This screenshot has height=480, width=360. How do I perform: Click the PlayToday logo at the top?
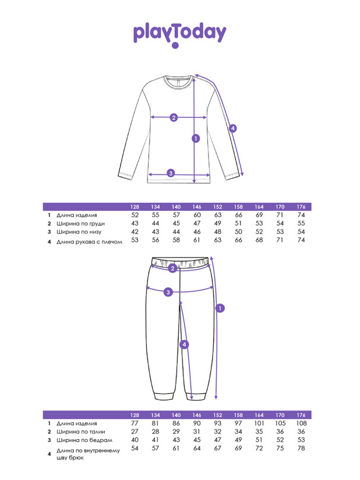point(179,33)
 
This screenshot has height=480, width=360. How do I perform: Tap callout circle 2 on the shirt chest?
point(174,118)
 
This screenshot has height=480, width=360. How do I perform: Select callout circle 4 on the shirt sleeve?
point(232,128)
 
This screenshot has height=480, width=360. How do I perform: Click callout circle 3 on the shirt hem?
point(171,173)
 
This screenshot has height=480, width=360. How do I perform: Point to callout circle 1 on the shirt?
point(196,139)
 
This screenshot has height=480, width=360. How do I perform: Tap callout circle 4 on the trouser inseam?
point(185,344)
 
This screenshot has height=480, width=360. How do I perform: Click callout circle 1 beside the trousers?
point(220,308)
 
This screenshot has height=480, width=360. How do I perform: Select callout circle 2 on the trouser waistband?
point(172,269)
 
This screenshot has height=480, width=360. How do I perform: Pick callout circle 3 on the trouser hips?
point(168,292)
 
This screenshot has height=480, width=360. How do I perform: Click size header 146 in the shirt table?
point(197,207)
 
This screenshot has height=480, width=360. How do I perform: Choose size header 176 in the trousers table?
point(301,415)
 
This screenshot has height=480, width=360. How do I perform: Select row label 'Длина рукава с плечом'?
point(90,241)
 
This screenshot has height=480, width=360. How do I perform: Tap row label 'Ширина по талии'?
point(77,432)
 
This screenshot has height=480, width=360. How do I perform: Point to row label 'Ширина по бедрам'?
point(80,440)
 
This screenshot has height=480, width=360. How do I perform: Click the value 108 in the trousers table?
point(301,423)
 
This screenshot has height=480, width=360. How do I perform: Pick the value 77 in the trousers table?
point(135,423)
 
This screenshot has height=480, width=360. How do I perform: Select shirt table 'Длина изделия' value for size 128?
point(135,215)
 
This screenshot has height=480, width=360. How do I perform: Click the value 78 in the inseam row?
point(301,449)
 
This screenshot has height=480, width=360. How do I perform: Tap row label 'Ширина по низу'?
point(76,232)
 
